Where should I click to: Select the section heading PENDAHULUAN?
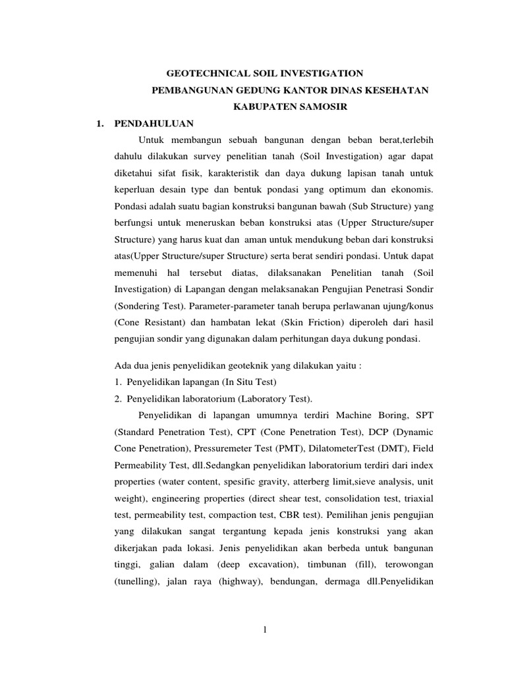coord(153,123)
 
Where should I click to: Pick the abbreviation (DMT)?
coord(376,450)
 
